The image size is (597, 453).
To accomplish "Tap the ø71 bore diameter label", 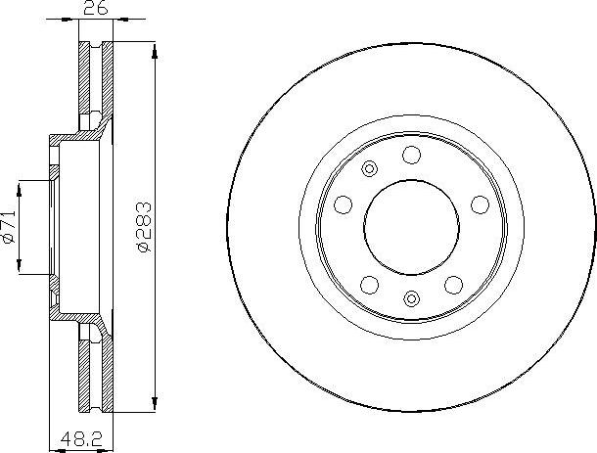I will pyautogui.click(x=10, y=227).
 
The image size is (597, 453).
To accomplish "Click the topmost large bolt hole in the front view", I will pyautogui.click(x=411, y=154).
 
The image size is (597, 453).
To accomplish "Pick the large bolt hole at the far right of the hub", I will pyautogui.click(x=480, y=204).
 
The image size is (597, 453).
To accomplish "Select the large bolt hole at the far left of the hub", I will pyautogui.click(x=343, y=204).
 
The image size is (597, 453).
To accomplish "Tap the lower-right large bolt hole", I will pyautogui.click(x=453, y=284).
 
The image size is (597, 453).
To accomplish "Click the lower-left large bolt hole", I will pyautogui.click(x=369, y=284).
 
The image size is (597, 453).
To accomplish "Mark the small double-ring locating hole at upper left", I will pyautogui.click(x=369, y=170).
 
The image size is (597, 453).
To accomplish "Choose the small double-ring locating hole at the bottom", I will pyautogui.click(x=411, y=299).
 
